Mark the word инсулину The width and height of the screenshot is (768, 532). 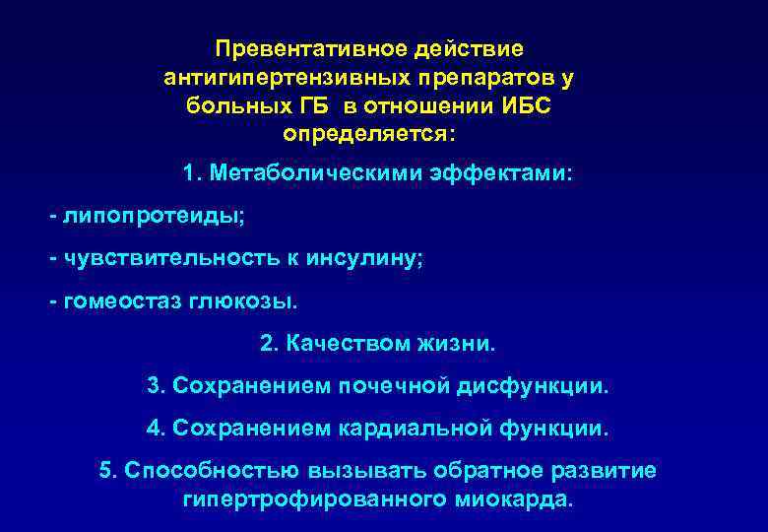[x=363, y=258]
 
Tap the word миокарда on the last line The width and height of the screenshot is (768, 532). [x=512, y=499]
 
